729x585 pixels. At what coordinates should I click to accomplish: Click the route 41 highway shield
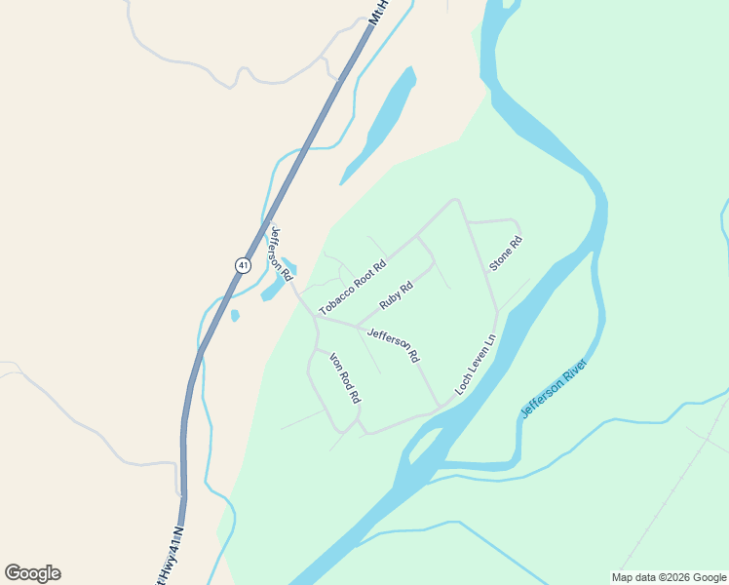click(243, 264)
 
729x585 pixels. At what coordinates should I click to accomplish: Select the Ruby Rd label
click(397, 294)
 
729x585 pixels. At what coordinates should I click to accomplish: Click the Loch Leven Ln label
click(476, 366)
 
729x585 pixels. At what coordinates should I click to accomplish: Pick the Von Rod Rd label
click(345, 377)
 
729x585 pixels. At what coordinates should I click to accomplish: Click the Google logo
click(33, 573)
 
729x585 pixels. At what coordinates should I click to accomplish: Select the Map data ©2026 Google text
click(668, 577)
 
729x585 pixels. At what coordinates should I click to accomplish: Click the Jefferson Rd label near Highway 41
click(281, 253)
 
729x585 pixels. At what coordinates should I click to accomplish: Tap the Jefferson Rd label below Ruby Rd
click(393, 345)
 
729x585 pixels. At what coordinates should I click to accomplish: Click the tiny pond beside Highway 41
click(235, 315)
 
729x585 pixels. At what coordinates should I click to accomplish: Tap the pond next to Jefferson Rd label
click(275, 288)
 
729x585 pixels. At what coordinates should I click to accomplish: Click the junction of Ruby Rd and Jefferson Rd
click(357, 326)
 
